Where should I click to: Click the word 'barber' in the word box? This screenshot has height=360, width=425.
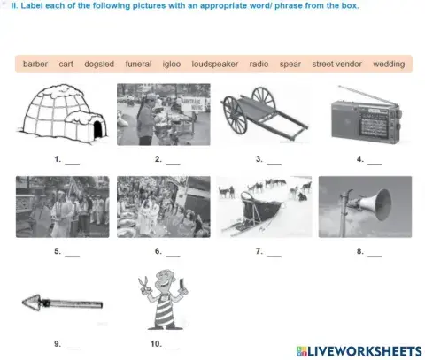[35, 64]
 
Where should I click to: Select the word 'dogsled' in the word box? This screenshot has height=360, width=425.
[99, 64]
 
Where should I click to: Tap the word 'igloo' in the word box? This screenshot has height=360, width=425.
[171, 64]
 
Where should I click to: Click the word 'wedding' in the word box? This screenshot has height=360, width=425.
[389, 64]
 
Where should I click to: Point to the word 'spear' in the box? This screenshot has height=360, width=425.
[290, 64]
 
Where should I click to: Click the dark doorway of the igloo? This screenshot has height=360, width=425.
[97, 131]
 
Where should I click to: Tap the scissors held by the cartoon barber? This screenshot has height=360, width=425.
[141, 284]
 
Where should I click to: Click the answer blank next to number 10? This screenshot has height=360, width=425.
[173, 347]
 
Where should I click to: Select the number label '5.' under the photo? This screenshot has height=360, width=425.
[57, 252]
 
